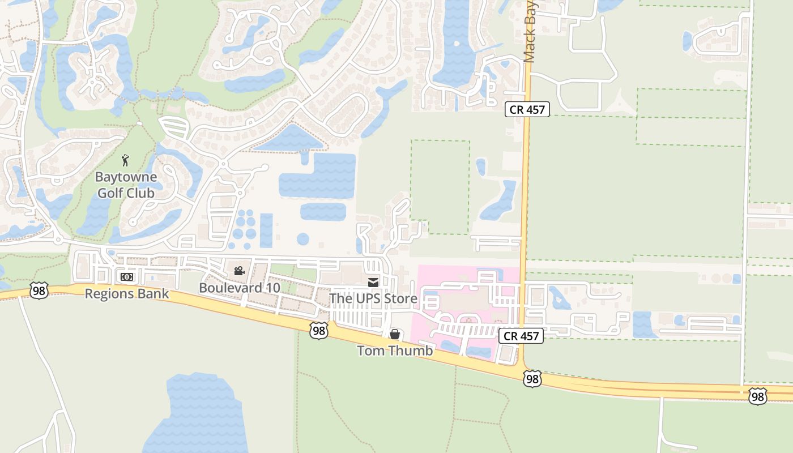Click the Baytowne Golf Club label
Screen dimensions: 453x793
click(x=126, y=185)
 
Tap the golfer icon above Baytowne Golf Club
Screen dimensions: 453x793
click(x=126, y=160)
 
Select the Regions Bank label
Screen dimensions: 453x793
click(x=127, y=293)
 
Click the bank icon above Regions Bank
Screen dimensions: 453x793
click(x=127, y=276)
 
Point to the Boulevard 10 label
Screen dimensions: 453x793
click(x=239, y=288)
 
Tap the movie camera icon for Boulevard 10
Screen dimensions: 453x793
click(x=239, y=271)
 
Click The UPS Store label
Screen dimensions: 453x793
click(x=373, y=298)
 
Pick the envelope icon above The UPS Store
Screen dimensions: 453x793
click(x=373, y=282)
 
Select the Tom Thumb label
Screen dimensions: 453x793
click(x=395, y=351)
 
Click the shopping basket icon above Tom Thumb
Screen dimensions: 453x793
click(x=395, y=334)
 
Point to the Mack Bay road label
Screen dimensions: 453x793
click(x=530, y=31)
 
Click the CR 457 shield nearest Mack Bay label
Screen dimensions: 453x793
click(x=527, y=109)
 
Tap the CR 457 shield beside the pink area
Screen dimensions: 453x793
click(x=521, y=336)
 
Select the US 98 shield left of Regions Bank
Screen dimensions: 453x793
click(x=39, y=290)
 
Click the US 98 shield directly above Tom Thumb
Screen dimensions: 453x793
click(x=319, y=331)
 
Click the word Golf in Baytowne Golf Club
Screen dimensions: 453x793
click(x=109, y=193)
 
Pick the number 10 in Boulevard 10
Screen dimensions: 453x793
click(x=272, y=288)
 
